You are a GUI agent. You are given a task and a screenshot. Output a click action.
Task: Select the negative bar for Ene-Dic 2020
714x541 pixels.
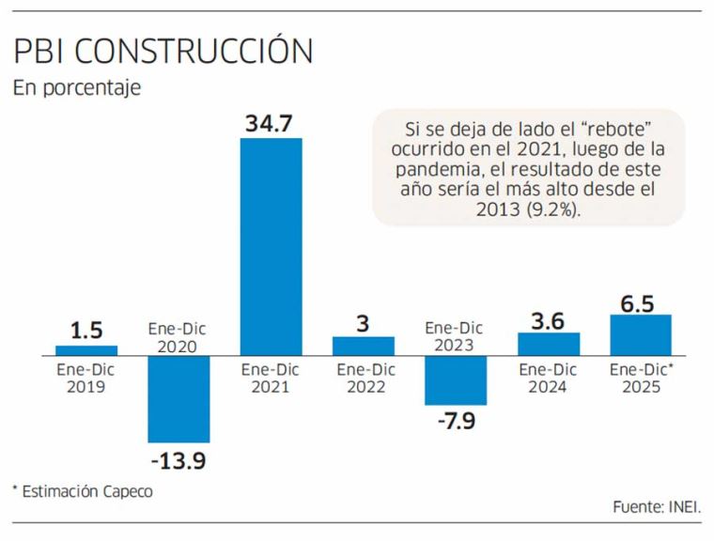click(x=178, y=398)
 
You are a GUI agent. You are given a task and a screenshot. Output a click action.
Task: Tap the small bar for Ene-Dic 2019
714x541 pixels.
click(x=86, y=349)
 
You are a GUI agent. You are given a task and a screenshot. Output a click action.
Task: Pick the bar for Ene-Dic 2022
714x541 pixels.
click(x=363, y=345)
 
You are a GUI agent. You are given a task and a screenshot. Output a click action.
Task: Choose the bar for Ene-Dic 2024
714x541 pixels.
click(x=549, y=343)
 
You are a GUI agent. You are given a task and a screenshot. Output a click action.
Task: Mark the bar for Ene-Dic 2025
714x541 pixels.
click(x=641, y=334)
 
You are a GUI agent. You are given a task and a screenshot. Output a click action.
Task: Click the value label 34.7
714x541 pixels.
click(x=272, y=122)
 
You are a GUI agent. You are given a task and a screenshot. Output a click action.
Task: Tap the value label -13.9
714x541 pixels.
click(x=178, y=460)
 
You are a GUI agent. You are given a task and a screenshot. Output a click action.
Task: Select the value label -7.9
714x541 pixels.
click(x=455, y=421)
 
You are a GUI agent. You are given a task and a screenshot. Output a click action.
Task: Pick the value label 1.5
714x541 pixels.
click(x=86, y=332)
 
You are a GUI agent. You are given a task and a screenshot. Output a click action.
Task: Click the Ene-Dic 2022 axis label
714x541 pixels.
click(x=363, y=378)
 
